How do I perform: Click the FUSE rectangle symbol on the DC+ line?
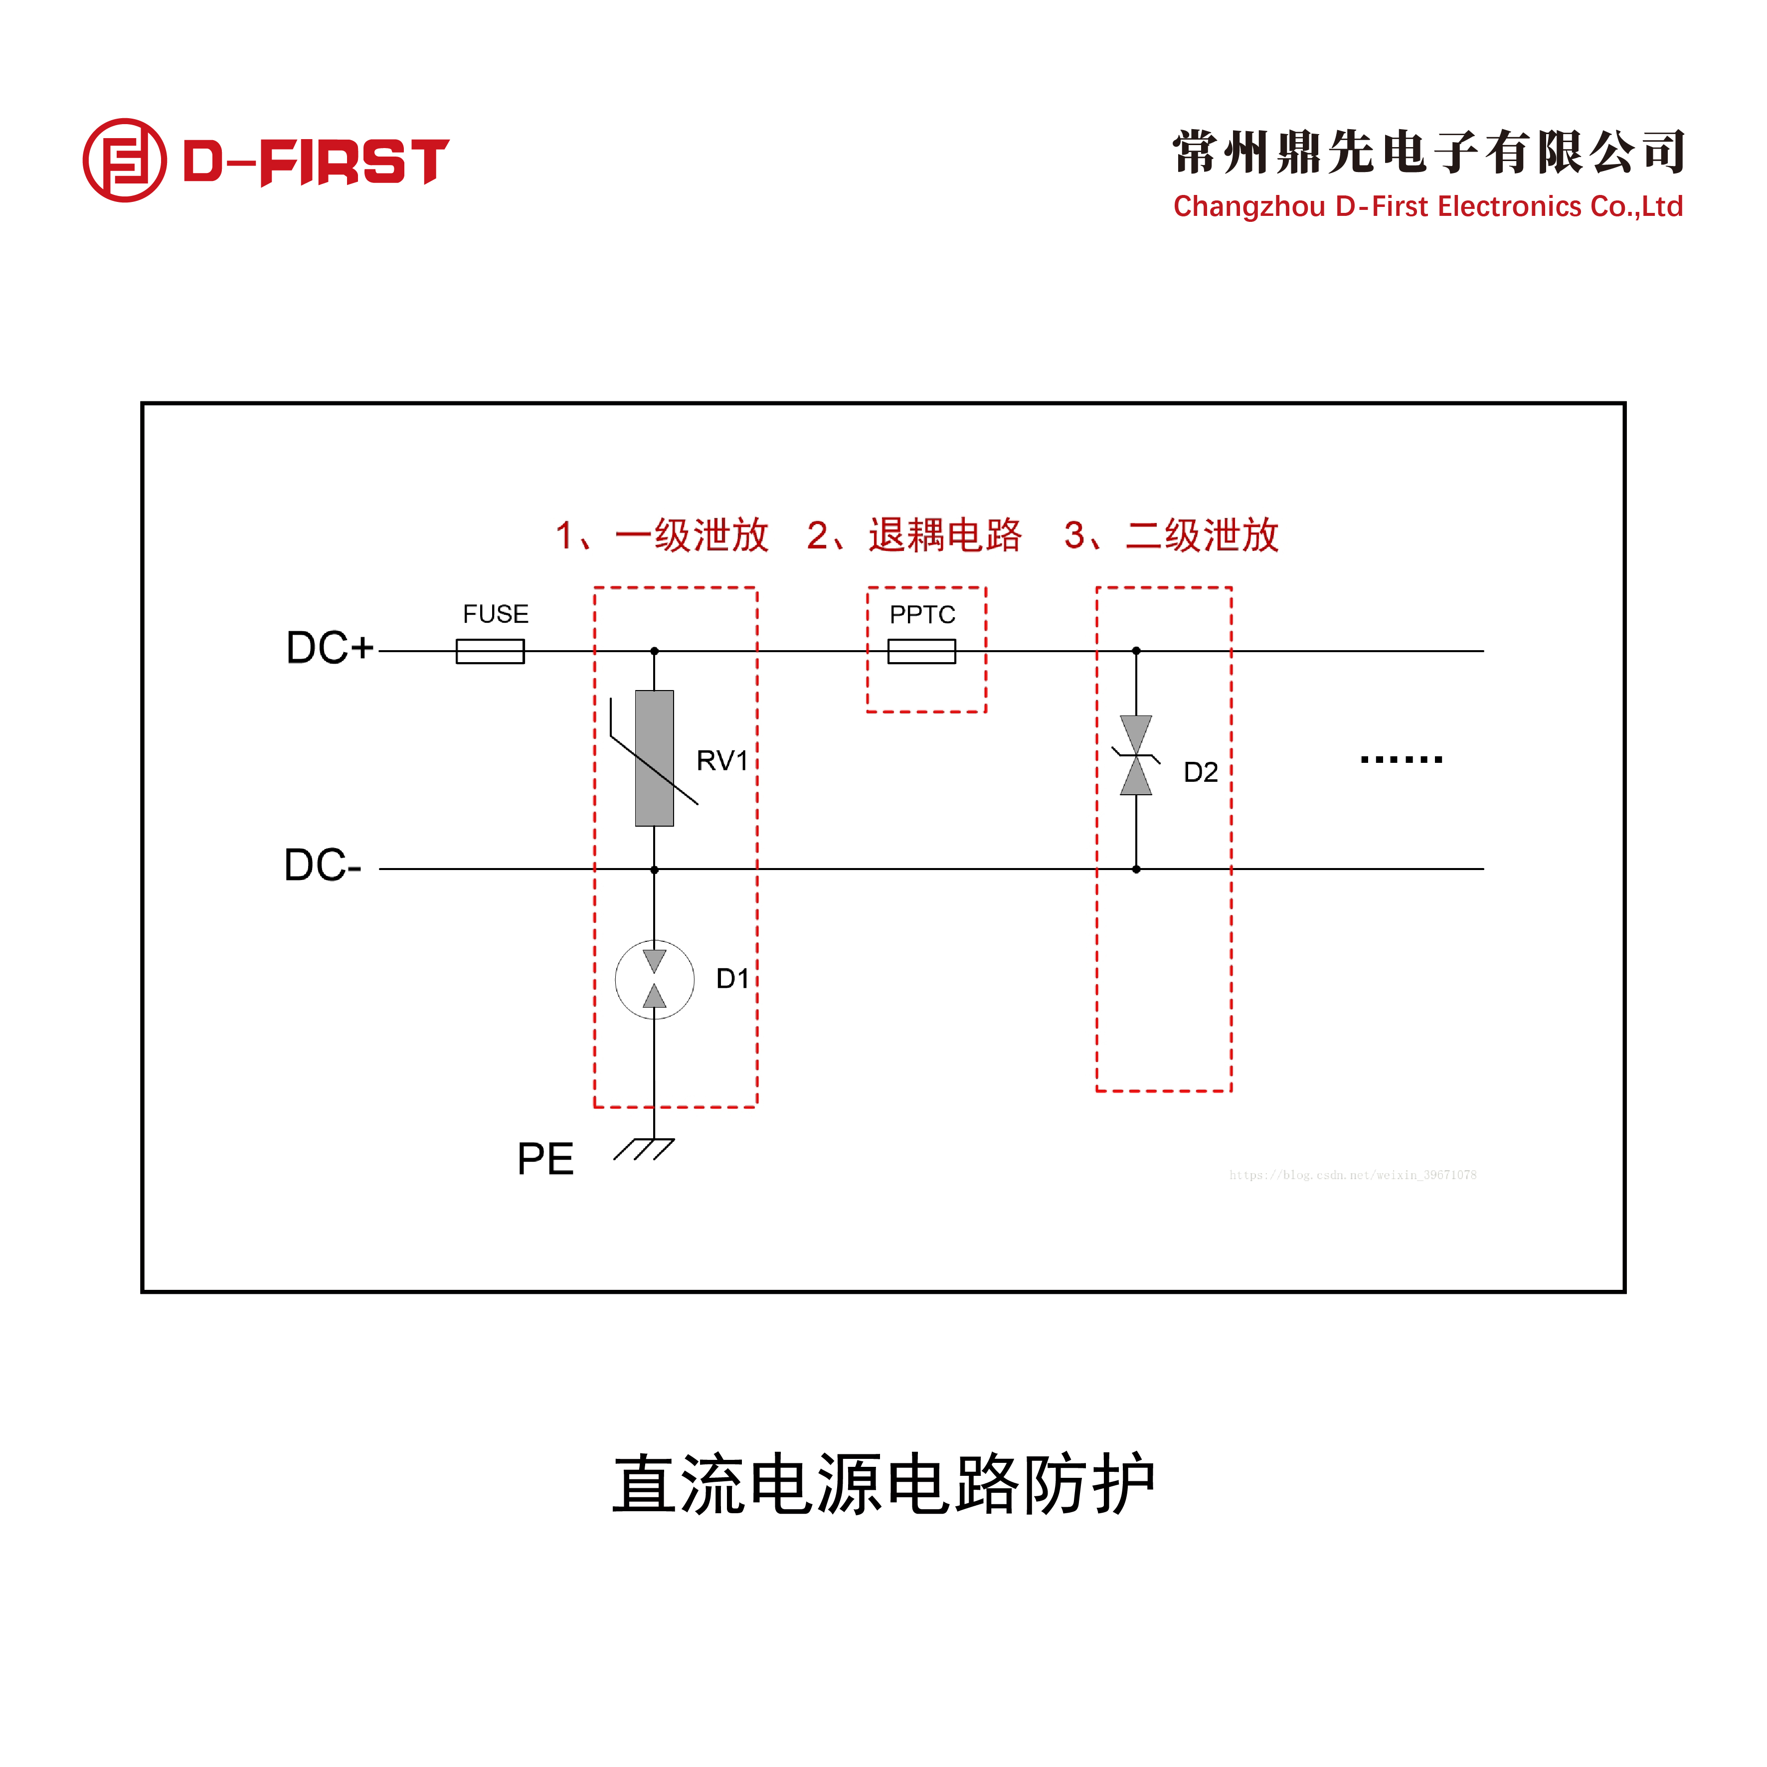pos(490,651)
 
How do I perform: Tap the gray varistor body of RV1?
pos(654,758)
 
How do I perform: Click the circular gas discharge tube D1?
pos(654,980)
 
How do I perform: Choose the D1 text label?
pos(731,979)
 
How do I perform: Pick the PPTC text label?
pos(922,615)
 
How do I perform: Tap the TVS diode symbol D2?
pos(1136,755)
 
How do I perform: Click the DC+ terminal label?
pos(329,648)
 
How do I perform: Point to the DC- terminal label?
pos(322,865)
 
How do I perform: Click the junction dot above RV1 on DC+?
pos(654,651)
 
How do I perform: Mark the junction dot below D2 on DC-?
pos(1136,869)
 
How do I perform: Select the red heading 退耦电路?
pos(945,535)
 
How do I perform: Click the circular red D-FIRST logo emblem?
pos(124,160)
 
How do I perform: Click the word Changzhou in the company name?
pos(1248,207)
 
